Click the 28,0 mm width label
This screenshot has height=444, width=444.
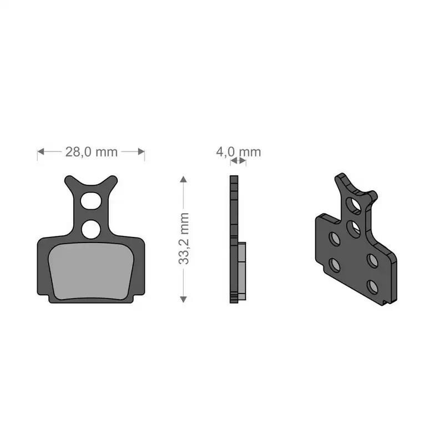pos(91,152)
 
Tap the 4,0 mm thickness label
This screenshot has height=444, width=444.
pos(239,152)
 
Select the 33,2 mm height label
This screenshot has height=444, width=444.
pos(184,239)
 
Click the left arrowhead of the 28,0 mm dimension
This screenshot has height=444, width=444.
pos(41,152)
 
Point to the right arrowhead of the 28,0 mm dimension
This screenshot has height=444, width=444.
pos(141,152)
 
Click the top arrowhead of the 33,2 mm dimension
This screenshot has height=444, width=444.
pos(183,179)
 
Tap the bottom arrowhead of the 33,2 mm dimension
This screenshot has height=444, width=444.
pos(183,299)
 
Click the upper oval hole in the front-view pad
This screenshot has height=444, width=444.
pos(91,201)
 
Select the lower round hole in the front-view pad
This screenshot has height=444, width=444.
pos(91,229)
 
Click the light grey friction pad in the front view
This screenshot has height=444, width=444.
pos(91,271)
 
